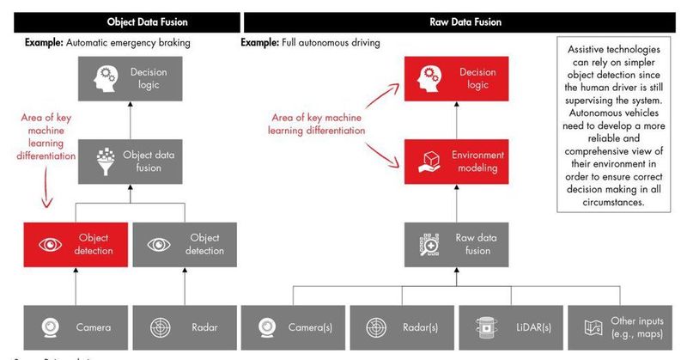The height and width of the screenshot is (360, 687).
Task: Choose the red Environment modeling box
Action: (x=461, y=162)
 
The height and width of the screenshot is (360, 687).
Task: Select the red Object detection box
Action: (x=76, y=244)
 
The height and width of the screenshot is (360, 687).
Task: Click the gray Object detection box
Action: (x=183, y=244)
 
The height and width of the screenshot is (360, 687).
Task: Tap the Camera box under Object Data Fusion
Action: (x=76, y=326)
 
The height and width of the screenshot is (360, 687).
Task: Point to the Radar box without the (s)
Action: (x=183, y=326)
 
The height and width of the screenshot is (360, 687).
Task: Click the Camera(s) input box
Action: (x=294, y=326)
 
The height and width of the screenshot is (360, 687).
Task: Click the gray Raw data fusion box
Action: (x=461, y=244)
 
